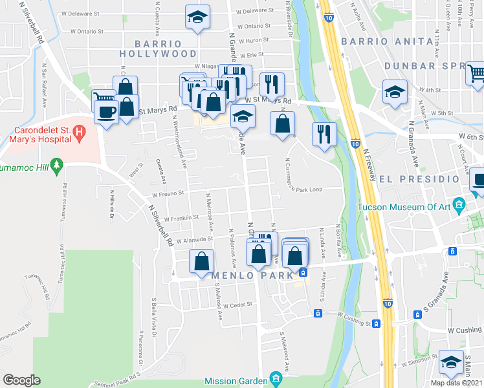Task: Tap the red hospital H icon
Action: [x=80, y=135]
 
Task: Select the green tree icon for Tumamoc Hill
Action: [x=57, y=167]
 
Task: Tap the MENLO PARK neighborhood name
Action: [x=247, y=275]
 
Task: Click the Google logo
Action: [x=21, y=380]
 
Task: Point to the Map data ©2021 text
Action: [x=456, y=382]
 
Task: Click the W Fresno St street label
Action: [x=168, y=193]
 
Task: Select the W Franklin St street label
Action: [x=181, y=218]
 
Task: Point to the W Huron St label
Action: [x=254, y=40]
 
